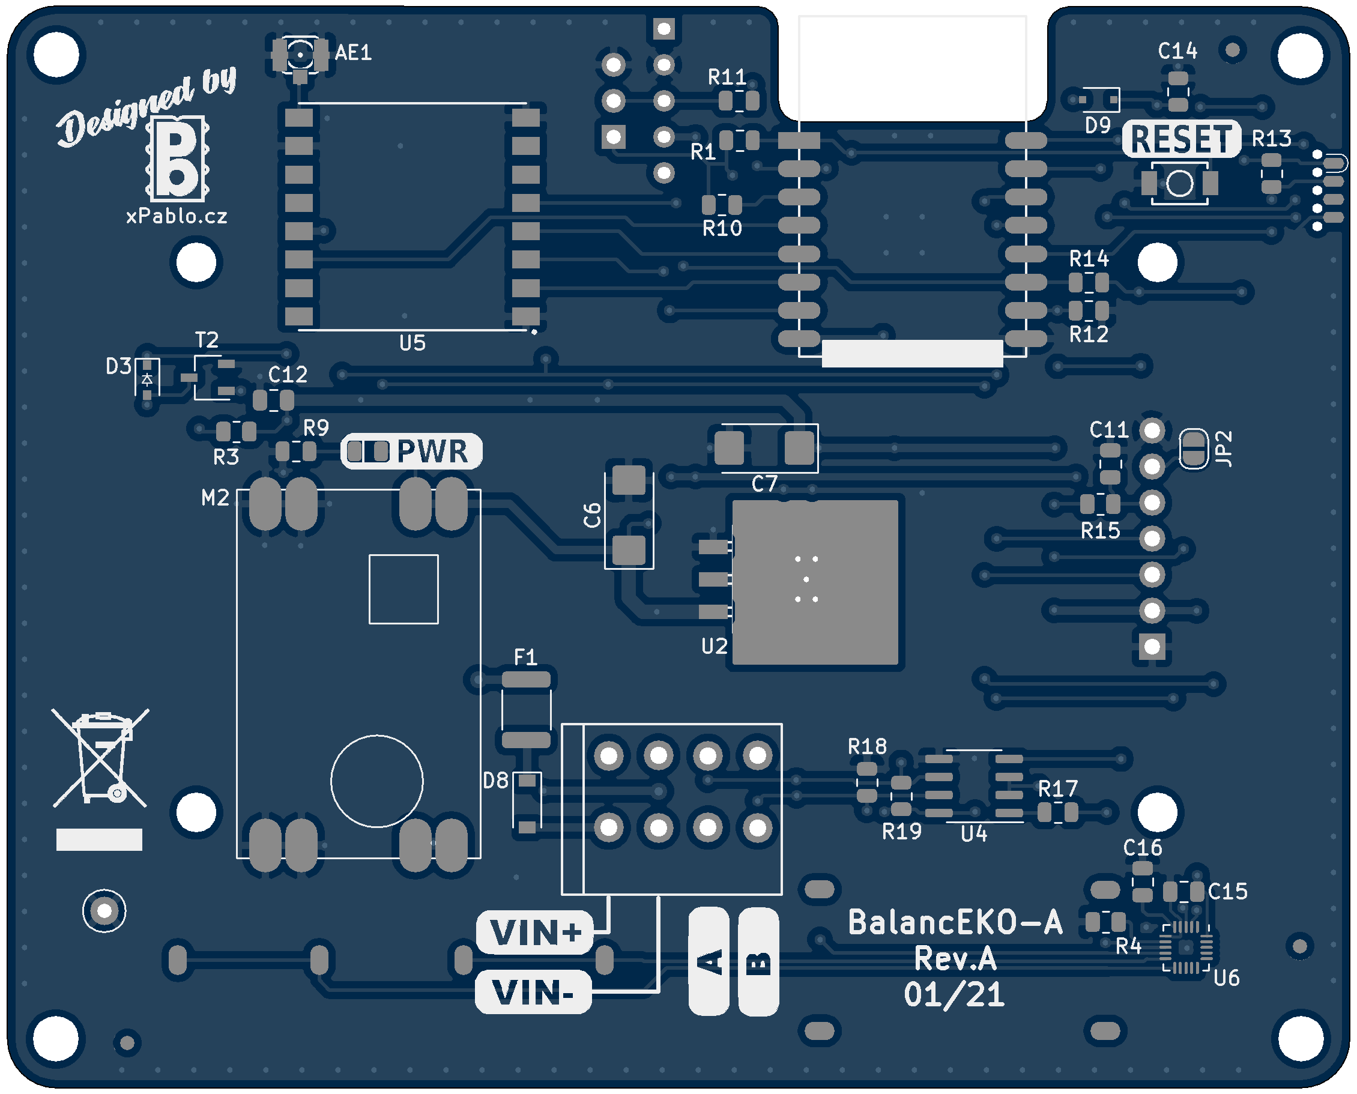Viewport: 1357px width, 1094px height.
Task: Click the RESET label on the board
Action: coord(1180,139)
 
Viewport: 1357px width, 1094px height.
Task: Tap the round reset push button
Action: coord(1179,183)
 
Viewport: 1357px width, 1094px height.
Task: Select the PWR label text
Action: coord(432,451)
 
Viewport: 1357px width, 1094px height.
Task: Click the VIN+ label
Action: coord(535,932)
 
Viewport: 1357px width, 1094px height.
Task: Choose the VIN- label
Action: coord(533,993)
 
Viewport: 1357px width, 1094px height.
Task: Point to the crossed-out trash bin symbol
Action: coord(100,758)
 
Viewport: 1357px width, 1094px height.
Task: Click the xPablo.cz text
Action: coord(177,216)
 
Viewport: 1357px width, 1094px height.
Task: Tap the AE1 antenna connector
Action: coord(300,55)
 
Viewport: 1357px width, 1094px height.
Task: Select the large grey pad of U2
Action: coord(815,581)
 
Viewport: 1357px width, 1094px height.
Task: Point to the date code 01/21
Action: coord(954,995)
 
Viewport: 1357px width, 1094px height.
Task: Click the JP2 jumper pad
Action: coord(1192,449)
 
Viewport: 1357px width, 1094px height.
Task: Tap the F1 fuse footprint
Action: coord(525,710)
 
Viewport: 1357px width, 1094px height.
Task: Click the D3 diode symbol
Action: coord(147,379)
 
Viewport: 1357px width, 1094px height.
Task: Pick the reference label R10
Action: coord(722,228)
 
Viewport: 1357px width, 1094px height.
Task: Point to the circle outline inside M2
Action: coord(377,781)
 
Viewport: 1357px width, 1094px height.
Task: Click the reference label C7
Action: coord(764,484)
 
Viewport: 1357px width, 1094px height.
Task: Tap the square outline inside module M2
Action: coord(403,589)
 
